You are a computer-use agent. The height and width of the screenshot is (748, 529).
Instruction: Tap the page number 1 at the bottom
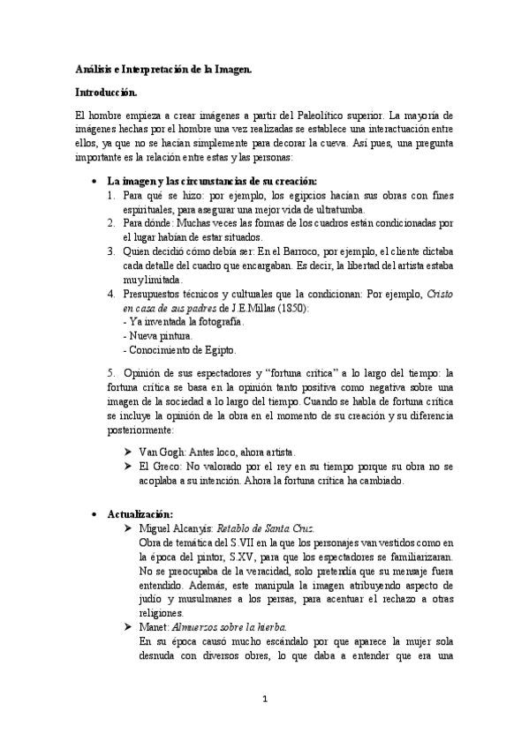[264, 700]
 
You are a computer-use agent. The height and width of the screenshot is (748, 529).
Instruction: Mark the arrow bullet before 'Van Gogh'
[128, 452]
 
